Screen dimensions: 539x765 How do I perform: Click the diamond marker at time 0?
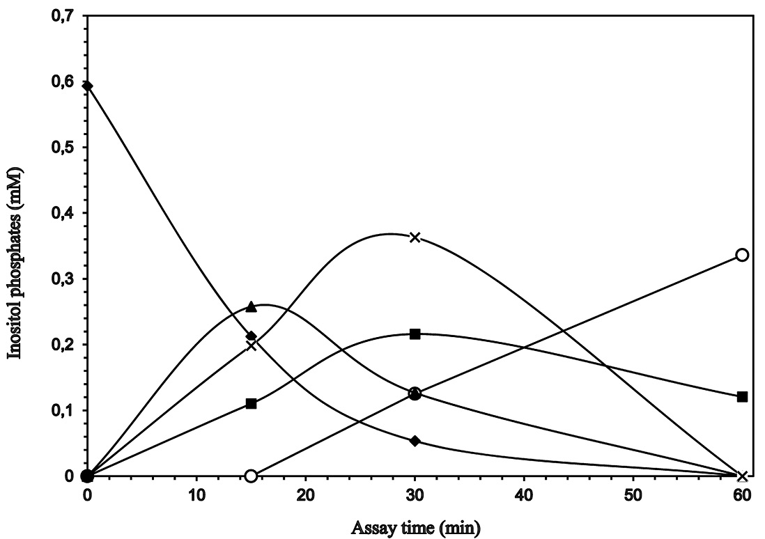click(x=87, y=86)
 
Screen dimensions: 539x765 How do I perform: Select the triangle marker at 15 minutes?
click(x=252, y=306)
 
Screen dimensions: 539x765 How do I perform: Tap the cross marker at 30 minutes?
click(x=415, y=237)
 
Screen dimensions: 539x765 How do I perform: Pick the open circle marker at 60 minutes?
click(x=742, y=255)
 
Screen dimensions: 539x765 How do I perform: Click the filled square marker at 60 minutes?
click(x=742, y=397)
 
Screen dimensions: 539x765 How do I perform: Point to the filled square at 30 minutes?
click(x=415, y=334)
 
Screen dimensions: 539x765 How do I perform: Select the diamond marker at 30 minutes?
click(x=415, y=441)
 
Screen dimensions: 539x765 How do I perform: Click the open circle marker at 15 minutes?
click(x=252, y=476)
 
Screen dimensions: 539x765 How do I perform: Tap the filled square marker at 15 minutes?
click(x=252, y=403)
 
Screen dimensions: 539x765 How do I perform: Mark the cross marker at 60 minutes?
click(x=742, y=476)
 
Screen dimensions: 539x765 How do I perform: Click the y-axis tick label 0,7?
click(x=63, y=16)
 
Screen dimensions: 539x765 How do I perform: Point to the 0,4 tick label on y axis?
click(x=63, y=213)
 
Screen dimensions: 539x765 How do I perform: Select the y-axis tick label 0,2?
click(x=63, y=345)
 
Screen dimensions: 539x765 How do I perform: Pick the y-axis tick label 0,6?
click(x=63, y=81)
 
